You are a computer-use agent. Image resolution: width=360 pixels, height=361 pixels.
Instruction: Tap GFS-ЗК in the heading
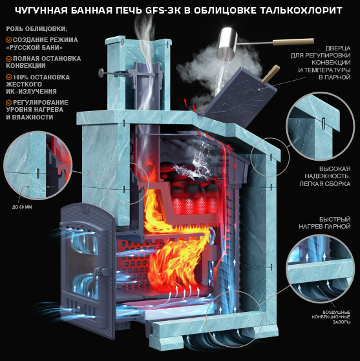(x=163, y=10)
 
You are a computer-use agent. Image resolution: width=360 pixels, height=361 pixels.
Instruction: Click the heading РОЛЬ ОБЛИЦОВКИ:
(x=37, y=29)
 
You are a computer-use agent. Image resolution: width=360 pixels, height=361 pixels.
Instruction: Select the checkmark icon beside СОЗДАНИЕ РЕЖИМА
(x=9, y=40)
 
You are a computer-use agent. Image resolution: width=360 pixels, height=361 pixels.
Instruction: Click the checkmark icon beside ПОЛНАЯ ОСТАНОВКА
(x=9, y=59)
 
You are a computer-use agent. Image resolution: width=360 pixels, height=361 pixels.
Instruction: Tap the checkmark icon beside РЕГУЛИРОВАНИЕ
(x=9, y=103)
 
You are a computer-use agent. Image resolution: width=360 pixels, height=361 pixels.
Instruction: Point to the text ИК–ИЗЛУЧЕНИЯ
(x=31, y=92)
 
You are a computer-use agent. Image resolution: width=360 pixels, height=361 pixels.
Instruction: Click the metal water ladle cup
(x=227, y=42)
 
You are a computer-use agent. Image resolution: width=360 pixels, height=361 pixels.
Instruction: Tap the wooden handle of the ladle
(x=293, y=42)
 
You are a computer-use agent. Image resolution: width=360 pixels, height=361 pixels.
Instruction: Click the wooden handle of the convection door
(x=271, y=74)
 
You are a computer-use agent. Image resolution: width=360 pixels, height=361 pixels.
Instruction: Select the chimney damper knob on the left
(x=101, y=73)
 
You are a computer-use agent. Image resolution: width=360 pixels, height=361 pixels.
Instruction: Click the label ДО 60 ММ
(x=22, y=207)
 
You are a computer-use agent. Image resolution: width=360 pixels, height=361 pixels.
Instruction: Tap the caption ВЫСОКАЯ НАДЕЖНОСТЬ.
(x=328, y=172)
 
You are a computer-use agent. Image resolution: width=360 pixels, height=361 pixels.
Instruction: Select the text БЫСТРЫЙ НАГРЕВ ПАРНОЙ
(x=324, y=223)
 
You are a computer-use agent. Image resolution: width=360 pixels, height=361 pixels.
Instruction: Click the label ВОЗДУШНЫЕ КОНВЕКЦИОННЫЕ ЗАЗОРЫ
(x=331, y=317)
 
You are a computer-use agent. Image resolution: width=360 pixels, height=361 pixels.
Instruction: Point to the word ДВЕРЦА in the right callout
(x=338, y=48)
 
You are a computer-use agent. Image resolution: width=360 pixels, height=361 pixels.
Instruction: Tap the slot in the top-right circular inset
(x=324, y=123)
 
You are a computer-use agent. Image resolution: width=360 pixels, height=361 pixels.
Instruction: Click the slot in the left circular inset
(x=38, y=173)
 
